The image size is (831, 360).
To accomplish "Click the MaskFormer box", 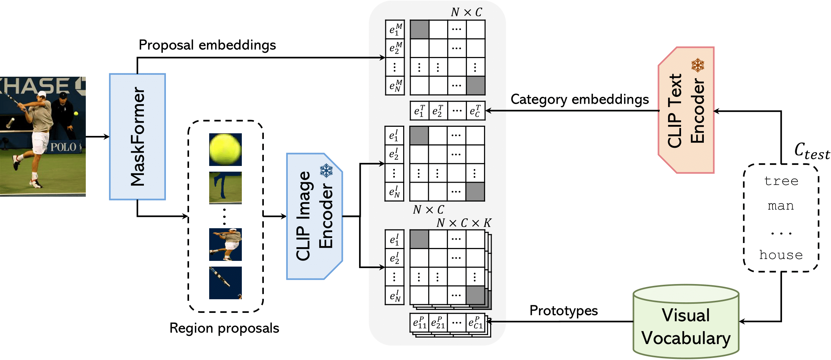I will click(x=137, y=137).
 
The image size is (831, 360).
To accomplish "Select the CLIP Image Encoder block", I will click(x=314, y=216).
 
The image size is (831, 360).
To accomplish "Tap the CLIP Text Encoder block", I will click(x=686, y=110).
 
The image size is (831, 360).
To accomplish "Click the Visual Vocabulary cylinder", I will click(x=686, y=323).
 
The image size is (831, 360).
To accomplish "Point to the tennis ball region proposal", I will click(x=225, y=149).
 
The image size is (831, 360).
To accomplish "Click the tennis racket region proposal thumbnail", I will click(x=225, y=283).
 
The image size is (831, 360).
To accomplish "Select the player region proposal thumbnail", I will click(x=225, y=244).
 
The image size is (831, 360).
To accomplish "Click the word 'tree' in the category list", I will click(x=781, y=181).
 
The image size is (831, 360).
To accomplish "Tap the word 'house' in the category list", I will click(x=781, y=255).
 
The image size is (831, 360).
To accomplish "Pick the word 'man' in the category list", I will click(x=781, y=206).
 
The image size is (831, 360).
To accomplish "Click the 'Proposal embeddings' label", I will click(x=207, y=45).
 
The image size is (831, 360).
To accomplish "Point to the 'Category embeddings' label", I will click(x=580, y=99).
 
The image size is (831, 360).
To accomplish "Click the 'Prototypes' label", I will click(x=563, y=311).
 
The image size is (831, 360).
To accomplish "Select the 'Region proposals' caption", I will click(x=224, y=328).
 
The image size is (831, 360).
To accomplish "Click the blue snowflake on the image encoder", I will click(x=326, y=171).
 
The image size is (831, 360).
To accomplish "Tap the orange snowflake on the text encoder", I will click(x=698, y=65).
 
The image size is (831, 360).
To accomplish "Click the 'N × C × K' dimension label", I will click(x=464, y=223).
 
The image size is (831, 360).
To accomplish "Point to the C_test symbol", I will click(x=812, y=151).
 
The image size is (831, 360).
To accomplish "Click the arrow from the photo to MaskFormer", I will click(x=98, y=137).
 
